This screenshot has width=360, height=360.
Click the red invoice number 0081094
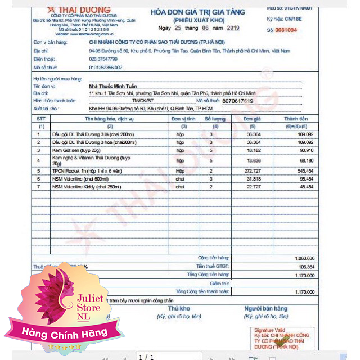(298, 30)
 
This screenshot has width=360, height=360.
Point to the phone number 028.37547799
(103, 58)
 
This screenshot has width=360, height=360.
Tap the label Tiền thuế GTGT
(213, 266)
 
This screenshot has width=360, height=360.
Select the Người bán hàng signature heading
(265, 308)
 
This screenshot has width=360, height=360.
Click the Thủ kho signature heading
(179, 308)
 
